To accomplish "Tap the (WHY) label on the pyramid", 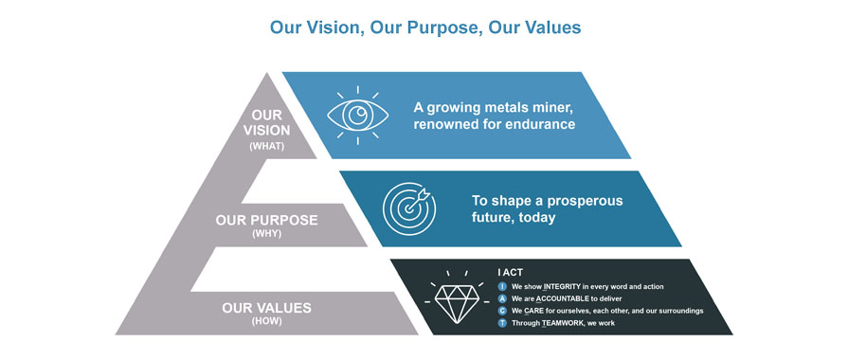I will (x=265, y=233).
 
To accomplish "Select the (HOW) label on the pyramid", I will (x=265, y=321).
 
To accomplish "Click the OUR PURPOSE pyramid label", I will (x=266, y=220).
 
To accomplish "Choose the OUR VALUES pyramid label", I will (x=266, y=307).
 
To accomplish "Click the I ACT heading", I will (x=513, y=272).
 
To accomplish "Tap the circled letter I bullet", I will (x=503, y=285).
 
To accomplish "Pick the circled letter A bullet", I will (x=503, y=297).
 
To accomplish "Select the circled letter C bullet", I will (x=503, y=311).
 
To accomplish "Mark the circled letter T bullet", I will (x=503, y=323).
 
